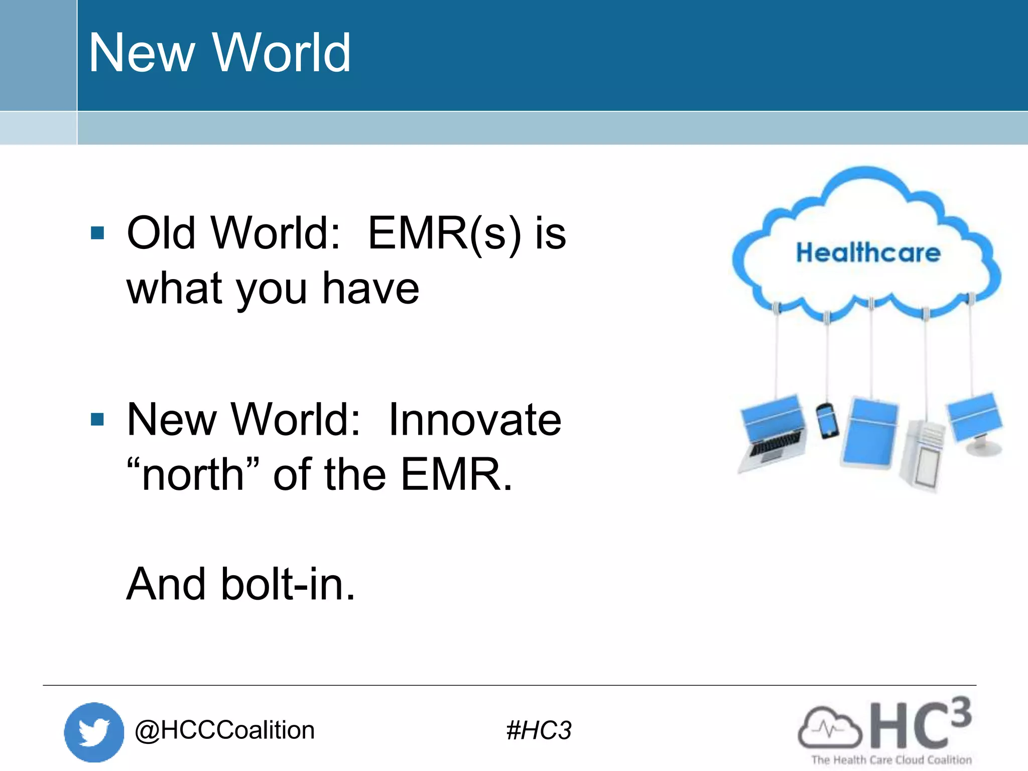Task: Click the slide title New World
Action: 219,53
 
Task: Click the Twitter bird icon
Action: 94,732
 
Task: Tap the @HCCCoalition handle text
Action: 224,730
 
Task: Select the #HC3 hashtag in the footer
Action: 539,730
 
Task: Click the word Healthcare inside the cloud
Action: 868,252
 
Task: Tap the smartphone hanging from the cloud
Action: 827,421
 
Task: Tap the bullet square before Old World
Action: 97,233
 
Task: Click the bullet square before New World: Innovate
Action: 97,419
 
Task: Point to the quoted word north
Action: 193,474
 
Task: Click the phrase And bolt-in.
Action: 240,584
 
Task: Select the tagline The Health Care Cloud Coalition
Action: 891,760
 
